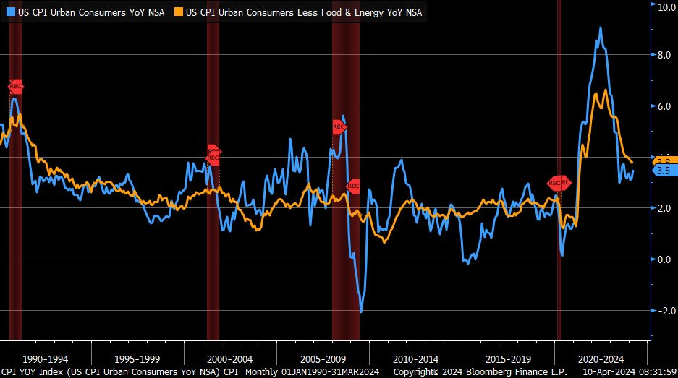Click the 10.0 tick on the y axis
[664, 7]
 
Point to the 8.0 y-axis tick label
[664, 55]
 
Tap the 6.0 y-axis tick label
[664, 106]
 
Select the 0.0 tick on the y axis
[664, 259]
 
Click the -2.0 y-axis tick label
[663, 310]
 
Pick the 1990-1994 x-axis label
[46, 358]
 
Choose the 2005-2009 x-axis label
[323, 358]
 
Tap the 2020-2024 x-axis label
[601, 358]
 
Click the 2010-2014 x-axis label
[415, 358]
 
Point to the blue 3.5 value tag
[663, 171]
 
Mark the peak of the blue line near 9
[601, 28]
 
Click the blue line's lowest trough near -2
[360, 311]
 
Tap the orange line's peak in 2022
[605, 90]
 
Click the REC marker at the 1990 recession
[15, 86]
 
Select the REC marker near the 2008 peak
[339, 126]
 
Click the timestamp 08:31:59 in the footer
[655, 372]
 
